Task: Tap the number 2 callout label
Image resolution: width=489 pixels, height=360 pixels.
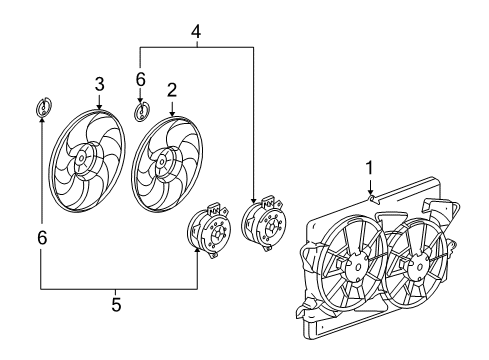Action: pos(171,90)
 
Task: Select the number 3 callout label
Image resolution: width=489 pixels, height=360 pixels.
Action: pos(100,82)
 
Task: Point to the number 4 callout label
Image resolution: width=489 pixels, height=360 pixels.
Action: pos(197,31)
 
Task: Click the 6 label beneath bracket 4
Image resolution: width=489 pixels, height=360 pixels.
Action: pos(141,77)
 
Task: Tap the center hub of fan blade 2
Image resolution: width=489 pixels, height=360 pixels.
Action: pos(159,158)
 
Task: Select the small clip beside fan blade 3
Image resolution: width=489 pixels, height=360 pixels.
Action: pos(43,107)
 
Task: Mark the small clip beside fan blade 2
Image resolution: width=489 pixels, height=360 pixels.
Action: pos(142,110)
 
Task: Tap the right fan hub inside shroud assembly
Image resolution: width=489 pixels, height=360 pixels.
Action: pos(417,266)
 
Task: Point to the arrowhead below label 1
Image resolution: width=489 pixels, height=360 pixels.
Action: pos(369,194)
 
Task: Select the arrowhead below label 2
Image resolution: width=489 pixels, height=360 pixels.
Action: pos(171,113)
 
